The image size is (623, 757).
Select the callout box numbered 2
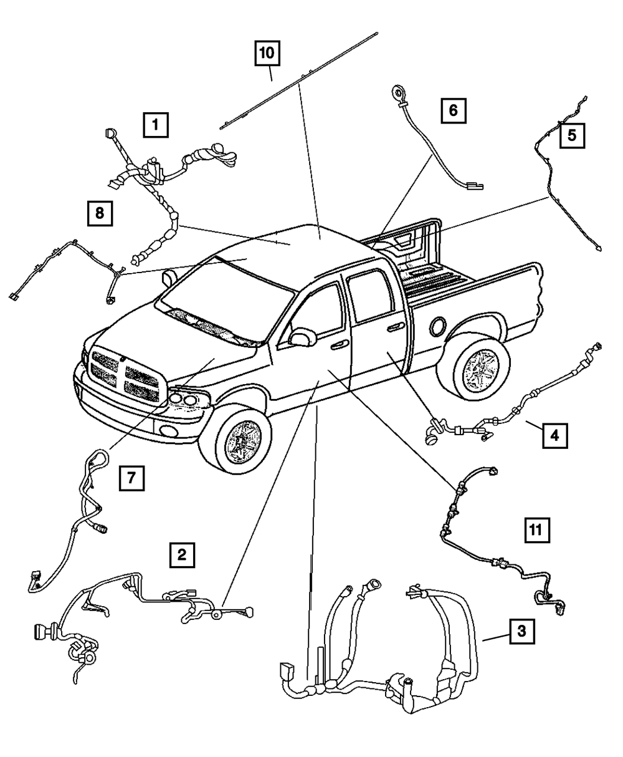point(181,554)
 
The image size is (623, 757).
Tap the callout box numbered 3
point(521,632)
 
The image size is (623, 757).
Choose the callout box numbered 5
point(571,134)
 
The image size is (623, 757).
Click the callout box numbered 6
point(453,112)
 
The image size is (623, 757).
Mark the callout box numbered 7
point(131,479)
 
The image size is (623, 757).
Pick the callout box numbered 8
point(100,214)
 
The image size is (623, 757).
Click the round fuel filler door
point(437,325)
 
